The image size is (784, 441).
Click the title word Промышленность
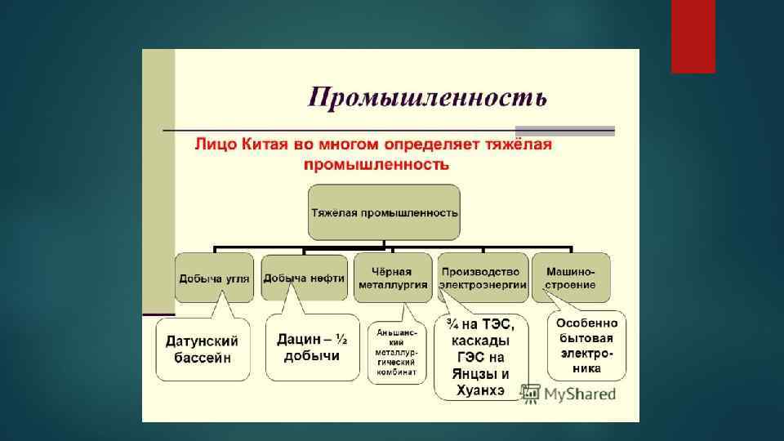click(x=426, y=97)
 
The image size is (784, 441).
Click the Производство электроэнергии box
click(x=479, y=278)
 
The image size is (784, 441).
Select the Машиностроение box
click(x=571, y=278)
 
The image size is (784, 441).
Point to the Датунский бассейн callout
click(x=203, y=349)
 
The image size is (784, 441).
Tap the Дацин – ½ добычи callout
click(x=311, y=347)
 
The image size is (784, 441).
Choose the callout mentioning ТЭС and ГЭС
click(x=481, y=357)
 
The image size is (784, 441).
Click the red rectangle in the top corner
click(x=693, y=36)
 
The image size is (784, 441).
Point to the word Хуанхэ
click(x=481, y=391)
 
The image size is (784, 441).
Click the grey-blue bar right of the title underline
click(x=564, y=130)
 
